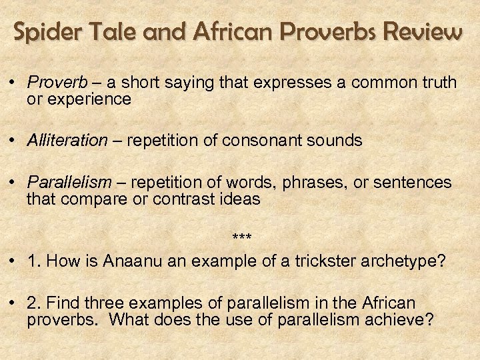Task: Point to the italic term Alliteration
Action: pyautogui.click(x=67, y=141)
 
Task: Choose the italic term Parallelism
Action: pyautogui.click(x=66, y=183)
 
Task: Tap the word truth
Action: pyautogui.click(x=440, y=83)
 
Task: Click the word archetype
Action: pyautogui.click(x=398, y=261)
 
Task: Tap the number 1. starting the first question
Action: pyautogui.click(x=34, y=261)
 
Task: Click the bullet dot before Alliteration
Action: pyautogui.click(x=13, y=141)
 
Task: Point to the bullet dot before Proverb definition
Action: pyautogui.click(x=13, y=83)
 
